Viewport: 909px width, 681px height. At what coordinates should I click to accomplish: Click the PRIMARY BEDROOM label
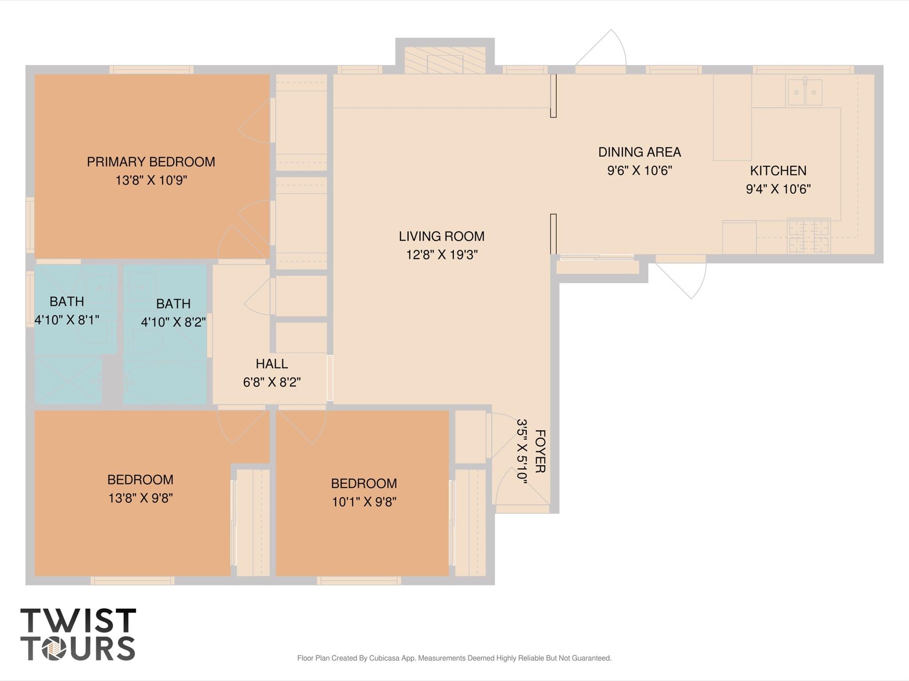(151, 162)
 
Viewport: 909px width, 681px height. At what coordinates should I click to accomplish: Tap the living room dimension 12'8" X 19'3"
(441, 255)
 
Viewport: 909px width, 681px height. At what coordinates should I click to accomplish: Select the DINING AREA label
(639, 152)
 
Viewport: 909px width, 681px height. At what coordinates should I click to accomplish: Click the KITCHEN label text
(778, 171)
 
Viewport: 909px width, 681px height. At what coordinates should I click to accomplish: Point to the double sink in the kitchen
(804, 92)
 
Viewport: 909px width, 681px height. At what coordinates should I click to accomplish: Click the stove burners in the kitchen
(808, 236)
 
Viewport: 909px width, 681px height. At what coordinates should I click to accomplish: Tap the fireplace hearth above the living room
(445, 60)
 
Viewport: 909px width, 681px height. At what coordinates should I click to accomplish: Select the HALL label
(272, 364)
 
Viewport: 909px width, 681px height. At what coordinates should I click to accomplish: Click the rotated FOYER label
(540, 451)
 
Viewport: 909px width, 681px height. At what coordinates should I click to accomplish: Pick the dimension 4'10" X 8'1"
(67, 320)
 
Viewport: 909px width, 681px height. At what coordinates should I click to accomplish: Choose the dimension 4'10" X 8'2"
(173, 322)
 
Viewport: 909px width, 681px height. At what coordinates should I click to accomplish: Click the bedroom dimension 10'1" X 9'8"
(364, 502)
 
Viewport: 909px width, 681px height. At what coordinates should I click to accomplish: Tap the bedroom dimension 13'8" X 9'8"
(140, 498)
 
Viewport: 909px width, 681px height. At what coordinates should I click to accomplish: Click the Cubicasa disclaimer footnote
(454, 658)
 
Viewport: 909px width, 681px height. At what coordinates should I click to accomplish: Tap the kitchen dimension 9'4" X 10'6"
(778, 189)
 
